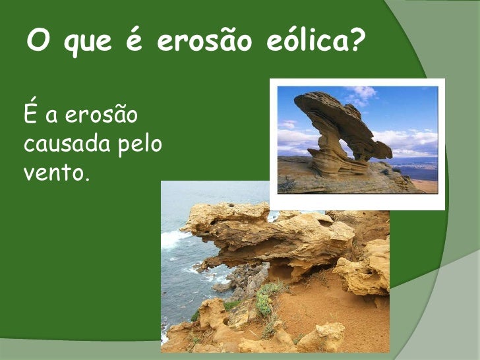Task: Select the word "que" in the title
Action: coord(86,44)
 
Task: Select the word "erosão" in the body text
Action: coord(100,116)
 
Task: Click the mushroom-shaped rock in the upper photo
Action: coord(336,119)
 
